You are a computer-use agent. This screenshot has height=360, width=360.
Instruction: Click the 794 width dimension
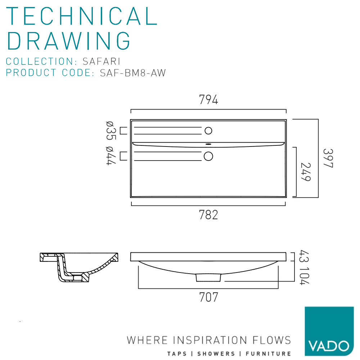coord(208,100)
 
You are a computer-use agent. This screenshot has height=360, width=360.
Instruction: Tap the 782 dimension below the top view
coord(208,215)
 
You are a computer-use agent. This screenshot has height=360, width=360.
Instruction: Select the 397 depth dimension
coord(328,158)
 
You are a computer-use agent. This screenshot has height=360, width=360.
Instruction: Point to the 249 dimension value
coord(306,172)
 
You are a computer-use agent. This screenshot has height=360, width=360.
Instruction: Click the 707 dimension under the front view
coord(208,297)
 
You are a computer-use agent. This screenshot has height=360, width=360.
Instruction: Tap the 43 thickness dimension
coord(305,256)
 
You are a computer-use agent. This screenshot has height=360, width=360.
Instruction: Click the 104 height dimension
coord(305,276)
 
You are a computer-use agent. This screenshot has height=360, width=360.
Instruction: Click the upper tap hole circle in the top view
coord(208,131)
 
